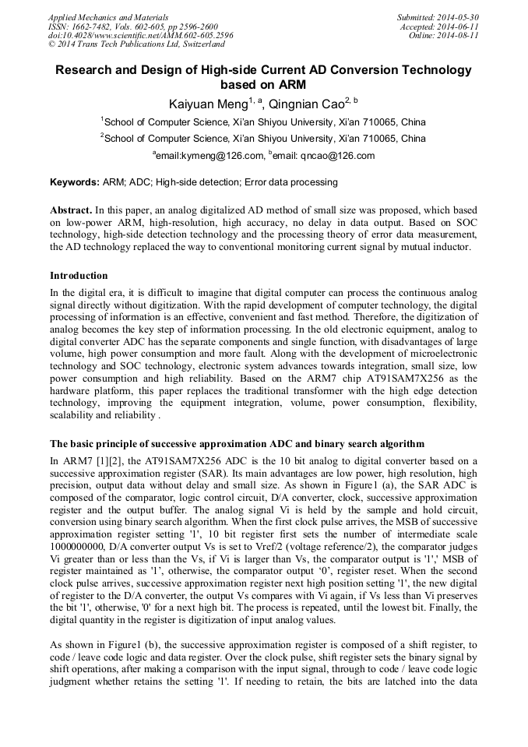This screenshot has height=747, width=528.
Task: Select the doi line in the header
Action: (x=140, y=36)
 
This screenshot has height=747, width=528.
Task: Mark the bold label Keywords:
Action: (x=74, y=183)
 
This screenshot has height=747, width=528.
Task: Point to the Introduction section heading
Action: (x=79, y=276)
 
